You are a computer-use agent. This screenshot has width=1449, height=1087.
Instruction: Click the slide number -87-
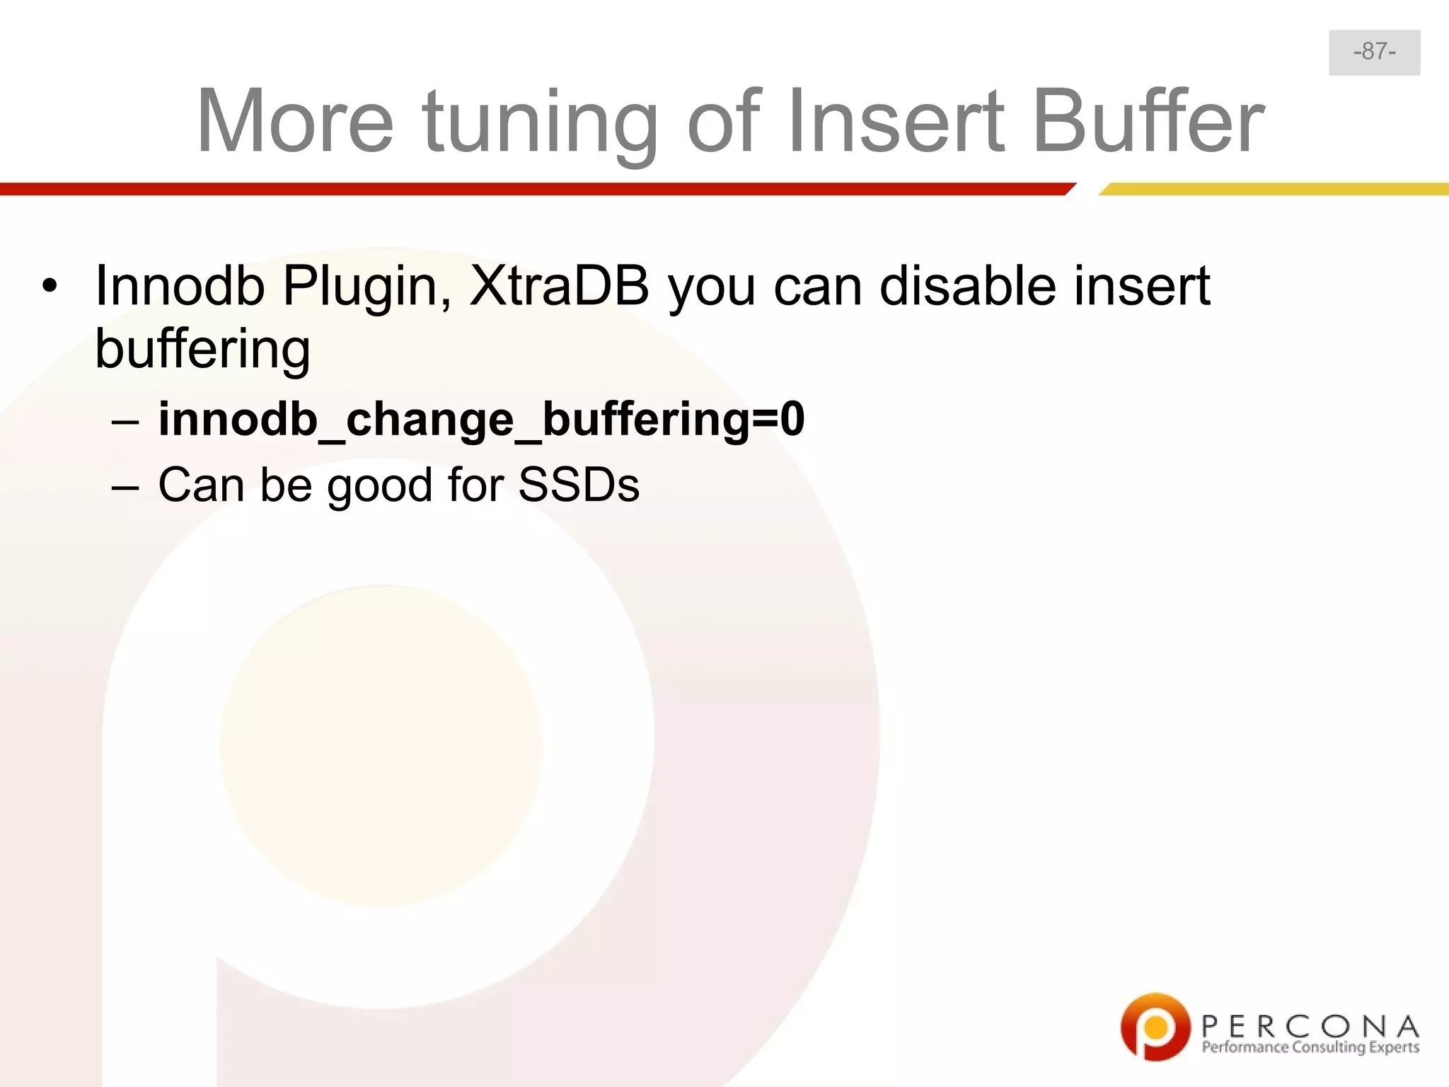coord(1374,52)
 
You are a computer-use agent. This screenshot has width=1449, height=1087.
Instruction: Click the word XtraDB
coord(559,286)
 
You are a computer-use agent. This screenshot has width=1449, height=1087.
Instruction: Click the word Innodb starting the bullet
coord(180,286)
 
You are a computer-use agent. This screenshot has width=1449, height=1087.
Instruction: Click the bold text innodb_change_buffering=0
coord(481,420)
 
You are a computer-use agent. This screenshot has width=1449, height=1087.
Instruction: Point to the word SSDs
coord(579,485)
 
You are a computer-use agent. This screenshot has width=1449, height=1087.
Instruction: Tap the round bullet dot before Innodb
coord(49,287)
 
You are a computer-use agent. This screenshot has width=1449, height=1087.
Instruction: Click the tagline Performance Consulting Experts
coord(1310,1047)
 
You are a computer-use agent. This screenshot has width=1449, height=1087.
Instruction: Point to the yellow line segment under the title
coord(1274,189)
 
